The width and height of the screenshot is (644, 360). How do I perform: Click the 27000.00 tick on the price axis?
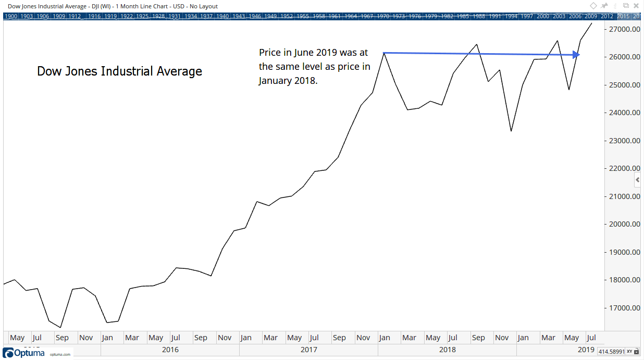point(625,29)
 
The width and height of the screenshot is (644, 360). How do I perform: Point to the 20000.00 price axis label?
point(625,225)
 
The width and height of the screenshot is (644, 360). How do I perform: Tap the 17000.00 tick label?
point(625,308)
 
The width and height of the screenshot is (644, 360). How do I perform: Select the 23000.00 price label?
point(625,141)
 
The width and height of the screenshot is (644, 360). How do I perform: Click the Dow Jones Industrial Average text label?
point(119,71)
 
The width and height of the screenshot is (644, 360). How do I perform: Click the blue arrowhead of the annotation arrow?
point(576,54)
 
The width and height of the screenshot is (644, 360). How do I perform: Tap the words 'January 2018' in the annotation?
point(287,81)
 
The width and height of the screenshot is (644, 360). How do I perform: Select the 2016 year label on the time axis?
point(170,350)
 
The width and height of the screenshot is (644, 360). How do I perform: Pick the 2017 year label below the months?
point(308,350)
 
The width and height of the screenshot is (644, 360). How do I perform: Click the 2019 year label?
point(586,350)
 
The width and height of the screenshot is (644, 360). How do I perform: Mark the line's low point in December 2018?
point(511,131)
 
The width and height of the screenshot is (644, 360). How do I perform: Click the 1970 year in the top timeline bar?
point(383,16)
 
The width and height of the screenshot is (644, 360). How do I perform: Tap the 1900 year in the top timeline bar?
point(10,16)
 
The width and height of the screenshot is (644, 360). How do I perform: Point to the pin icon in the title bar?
point(604,6)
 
